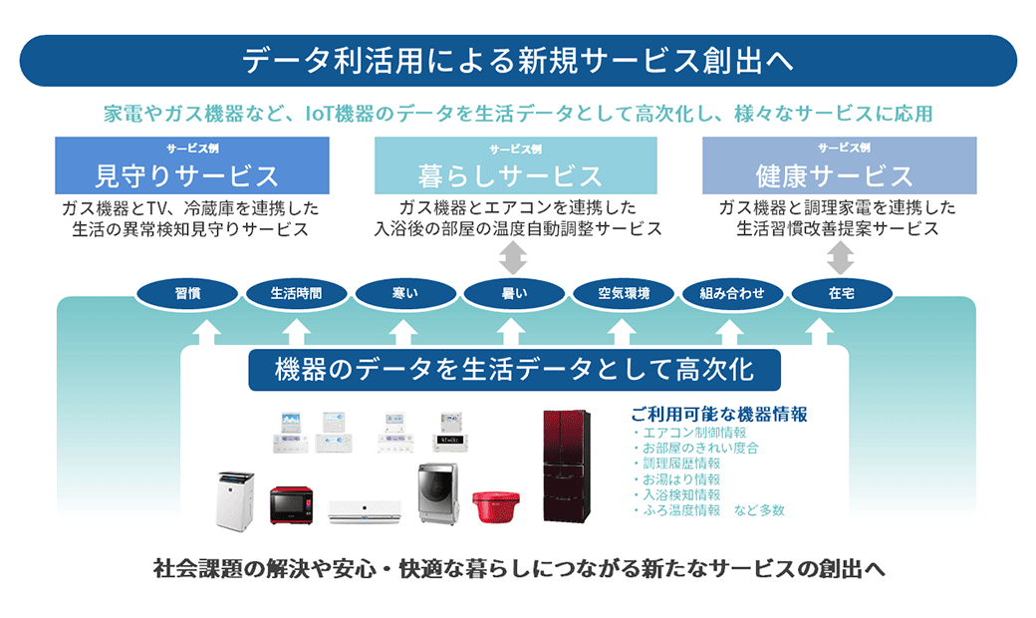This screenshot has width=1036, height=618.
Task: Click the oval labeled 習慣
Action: pyautogui.click(x=187, y=293)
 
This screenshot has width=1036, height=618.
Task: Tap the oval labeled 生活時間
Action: pyautogui.click(x=296, y=293)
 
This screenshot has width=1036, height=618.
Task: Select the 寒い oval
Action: pyautogui.click(x=405, y=293)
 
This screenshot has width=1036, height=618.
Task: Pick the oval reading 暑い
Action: pyautogui.click(x=514, y=293)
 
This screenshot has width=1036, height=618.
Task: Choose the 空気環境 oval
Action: pyautogui.click(x=623, y=293)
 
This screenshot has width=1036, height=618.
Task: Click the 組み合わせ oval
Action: pyautogui.click(x=732, y=293)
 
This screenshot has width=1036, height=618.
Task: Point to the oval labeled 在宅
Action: pyautogui.click(x=842, y=293)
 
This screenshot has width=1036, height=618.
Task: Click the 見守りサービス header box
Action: pyautogui.click(x=191, y=165)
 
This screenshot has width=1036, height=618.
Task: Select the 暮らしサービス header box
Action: pyautogui.click(x=515, y=165)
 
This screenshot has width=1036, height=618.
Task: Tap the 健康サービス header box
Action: pyautogui.click(x=839, y=165)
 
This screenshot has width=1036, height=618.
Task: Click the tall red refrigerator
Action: pyautogui.click(x=566, y=465)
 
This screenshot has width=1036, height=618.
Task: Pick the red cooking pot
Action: pyautogui.click(x=495, y=507)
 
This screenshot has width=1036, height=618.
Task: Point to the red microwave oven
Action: pyautogui.click(x=291, y=505)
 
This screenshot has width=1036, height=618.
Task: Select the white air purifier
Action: pyautogui.click(x=235, y=500)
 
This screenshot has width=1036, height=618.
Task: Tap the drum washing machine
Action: pyautogui.click(x=438, y=493)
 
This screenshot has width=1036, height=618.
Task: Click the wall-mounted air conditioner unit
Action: pyautogui.click(x=365, y=511)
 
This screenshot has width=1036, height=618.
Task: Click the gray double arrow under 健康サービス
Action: pyautogui.click(x=840, y=258)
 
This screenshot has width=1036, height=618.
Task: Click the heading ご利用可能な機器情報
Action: pyautogui.click(x=719, y=415)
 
